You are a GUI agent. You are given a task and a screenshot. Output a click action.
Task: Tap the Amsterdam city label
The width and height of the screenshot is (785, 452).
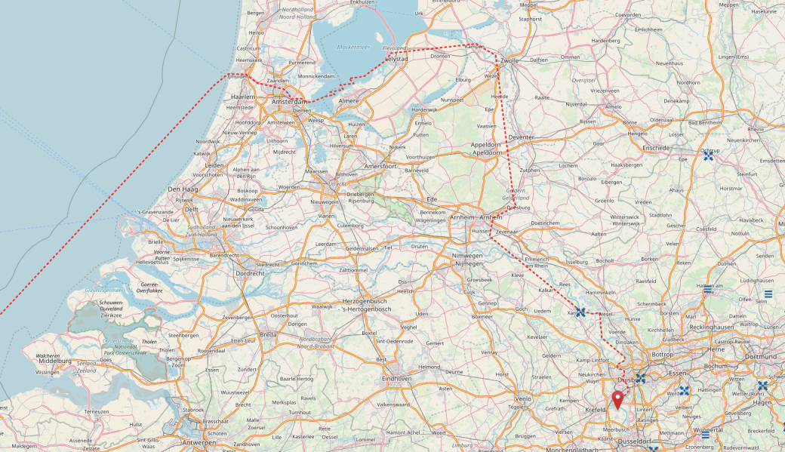[x=290, y=102]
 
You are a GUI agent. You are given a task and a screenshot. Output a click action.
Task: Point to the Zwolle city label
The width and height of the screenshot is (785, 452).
[x=509, y=60]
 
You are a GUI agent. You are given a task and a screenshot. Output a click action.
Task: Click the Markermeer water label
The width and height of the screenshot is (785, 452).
[x=353, y=47]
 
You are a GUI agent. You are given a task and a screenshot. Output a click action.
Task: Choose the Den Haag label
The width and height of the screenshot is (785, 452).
[x=183, y=189]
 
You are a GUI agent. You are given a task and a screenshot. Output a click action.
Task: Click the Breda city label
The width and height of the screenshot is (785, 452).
[x=268, y=334]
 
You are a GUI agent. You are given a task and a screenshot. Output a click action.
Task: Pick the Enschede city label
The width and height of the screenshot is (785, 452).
[x=655, y=148]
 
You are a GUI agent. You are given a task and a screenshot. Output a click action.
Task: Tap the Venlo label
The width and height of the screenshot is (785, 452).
[x=523, y=398]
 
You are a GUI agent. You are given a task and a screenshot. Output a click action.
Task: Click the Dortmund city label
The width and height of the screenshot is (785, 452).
[x=760, y=356]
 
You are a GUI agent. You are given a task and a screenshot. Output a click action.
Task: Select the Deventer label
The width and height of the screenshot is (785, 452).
[x=522, y=137]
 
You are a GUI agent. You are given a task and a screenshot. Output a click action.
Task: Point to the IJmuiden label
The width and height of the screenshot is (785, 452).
[x=239, y=76]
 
